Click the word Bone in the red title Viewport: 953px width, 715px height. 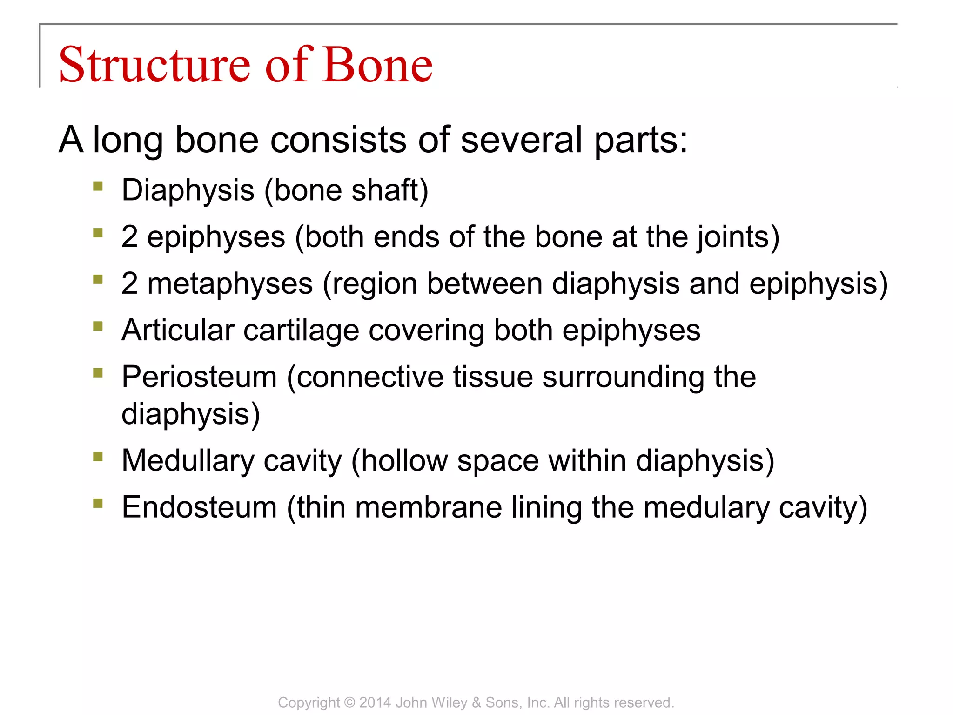point(377,65)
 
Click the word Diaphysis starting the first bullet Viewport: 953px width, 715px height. point(188,191)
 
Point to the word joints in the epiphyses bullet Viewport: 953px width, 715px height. point(734,237)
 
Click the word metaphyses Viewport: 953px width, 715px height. point(230,284)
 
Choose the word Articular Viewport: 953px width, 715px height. point(178,331)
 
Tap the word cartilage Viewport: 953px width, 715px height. point(301,331)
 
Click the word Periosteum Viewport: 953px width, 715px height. point(199,377)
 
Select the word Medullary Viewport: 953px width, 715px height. point(188,461)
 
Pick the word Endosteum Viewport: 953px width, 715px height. point(199,507)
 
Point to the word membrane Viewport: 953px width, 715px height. point(429,507)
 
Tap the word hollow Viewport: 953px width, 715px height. point(404,461)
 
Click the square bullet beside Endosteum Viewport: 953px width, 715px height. point(98,503)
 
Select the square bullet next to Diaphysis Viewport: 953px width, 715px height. point(98,187)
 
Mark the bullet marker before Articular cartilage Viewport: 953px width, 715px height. point(98,326)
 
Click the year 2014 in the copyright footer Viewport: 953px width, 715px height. point(375,702)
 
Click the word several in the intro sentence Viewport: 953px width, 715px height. point(521,140)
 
